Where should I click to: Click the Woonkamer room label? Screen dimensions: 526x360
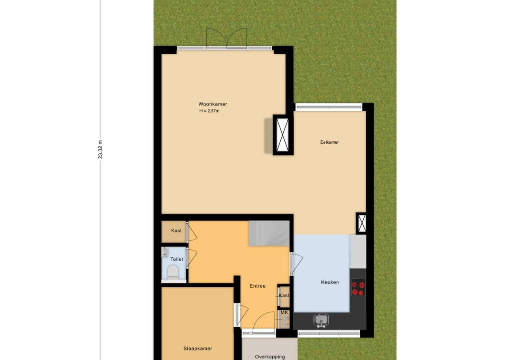tap(212, 104)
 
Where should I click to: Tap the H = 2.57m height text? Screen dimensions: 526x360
tap(209, 111)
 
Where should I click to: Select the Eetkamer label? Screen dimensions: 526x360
tap(329, 142)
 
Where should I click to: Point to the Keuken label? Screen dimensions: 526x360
tap(330, 282)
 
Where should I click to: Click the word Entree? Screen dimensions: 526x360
tap(257, 286)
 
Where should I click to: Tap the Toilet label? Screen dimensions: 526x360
tap(176, 259)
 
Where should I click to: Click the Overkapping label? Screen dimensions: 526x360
tap(270, 357)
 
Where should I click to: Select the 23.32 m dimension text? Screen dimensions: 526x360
tap(100, 150)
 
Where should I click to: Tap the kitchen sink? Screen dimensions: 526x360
tap(321, 320)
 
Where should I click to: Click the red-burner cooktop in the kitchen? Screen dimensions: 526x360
tap(358, 288)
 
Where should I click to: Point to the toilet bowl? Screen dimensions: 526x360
tap(173, 272)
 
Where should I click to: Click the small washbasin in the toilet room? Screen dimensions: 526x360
tap(165, 252)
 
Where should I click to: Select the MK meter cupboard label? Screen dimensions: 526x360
tap(284, 313)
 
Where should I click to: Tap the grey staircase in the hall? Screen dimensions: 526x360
tap(269, 233)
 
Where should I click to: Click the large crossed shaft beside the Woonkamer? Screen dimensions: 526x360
tap(282, 135)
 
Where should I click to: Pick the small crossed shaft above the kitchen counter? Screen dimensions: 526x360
tap(361, 223)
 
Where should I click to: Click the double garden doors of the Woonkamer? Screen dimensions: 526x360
tap(227, 38)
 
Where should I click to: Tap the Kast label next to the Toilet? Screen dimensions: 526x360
tap(176, 231)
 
